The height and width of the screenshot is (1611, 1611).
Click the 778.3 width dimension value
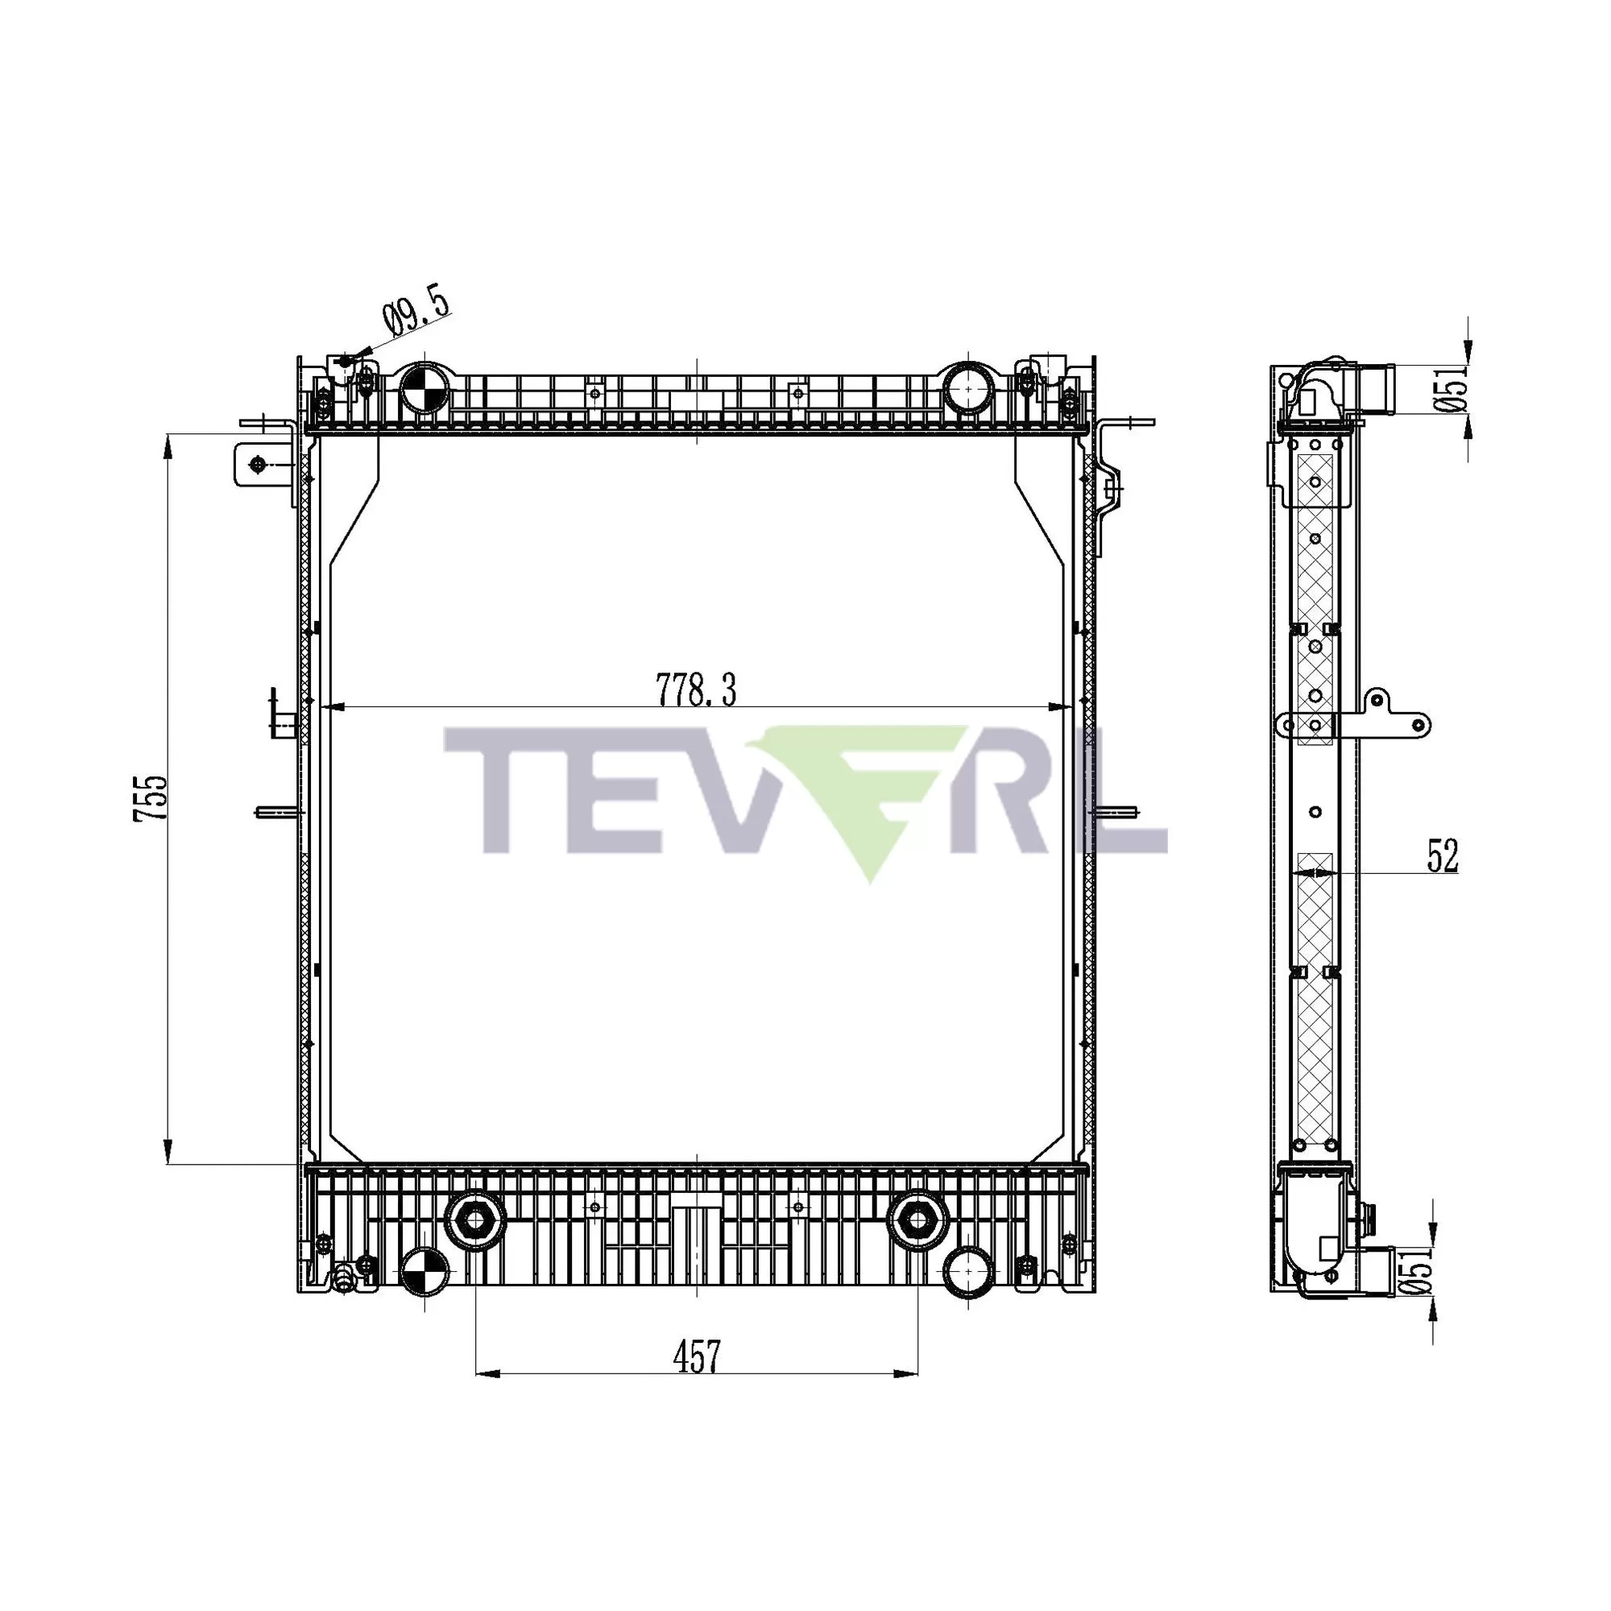click(x=696, y=690)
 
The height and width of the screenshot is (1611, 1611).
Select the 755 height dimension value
click(x=151, y=798)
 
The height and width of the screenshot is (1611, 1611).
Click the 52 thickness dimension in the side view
click(x=1443, y=857)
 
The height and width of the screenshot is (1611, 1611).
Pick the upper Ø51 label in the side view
click(x=1456, y=389)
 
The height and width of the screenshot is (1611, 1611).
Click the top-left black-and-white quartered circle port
click(x=424, y=388)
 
